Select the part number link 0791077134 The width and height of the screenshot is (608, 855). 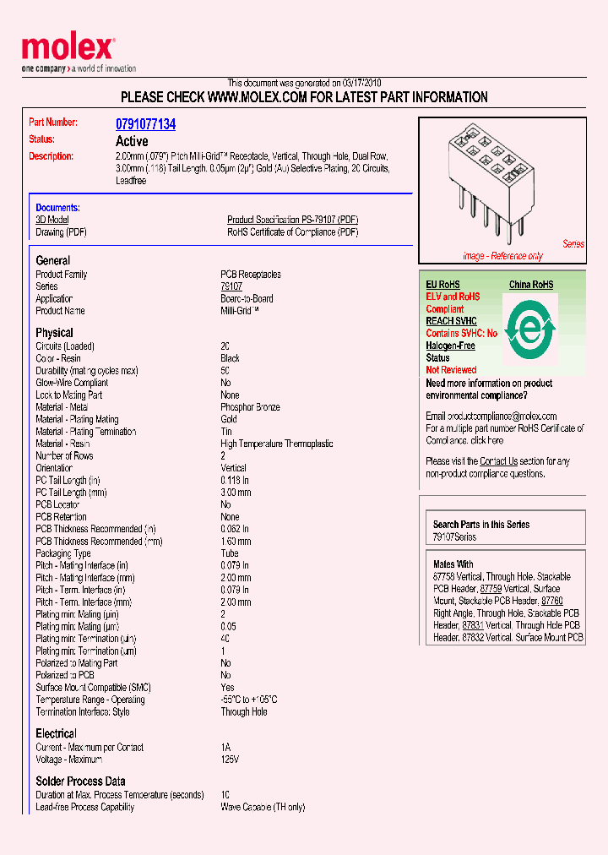(x=145, y=124)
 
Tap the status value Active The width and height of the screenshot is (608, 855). (x=132, y=141)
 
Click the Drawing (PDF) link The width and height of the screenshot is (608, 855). (x=61, y=231)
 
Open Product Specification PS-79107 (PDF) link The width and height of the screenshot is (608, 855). (x=292, y=220)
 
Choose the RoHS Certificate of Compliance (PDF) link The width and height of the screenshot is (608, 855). (x=292, y=231)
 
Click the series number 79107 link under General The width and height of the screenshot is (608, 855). (x=231, y=286)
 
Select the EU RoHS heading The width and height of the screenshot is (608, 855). (x=442, y=286)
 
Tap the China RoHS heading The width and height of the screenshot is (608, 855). (x=531, y=286)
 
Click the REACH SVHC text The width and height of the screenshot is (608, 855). (x=451, y=321)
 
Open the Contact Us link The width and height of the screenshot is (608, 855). (x=498, y=461)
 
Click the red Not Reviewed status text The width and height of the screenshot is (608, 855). (x=451, y=370)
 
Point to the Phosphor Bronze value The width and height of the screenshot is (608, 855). (x=250, y=407)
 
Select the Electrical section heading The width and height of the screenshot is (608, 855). (x=56, y=733)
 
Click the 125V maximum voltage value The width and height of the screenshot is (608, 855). (x=230, y=760)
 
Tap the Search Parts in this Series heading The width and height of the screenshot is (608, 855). (x=481, y=525)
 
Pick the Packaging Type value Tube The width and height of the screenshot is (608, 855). (x=230, y=553)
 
